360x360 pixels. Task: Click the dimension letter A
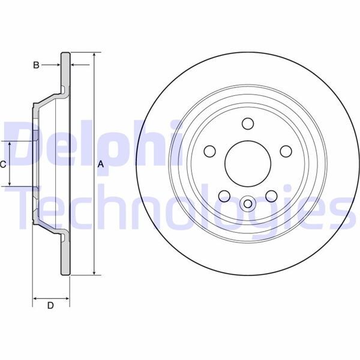pyautogui.click(x=101, y=164)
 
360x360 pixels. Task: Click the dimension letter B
pyautogui.click(x=36, y=65)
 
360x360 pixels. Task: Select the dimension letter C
pyautogui.click(x=4, y=164)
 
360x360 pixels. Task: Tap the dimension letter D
pyautogui.click(x=51, y=306)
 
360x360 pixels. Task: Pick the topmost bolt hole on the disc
pyautogui.click(x=246, y=124)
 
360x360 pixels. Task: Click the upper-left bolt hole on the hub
pyautogui.click(x=209, y=151)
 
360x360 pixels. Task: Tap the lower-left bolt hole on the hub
pyautogui.click(x=223, y=194)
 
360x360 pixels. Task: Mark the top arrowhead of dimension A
pyautogui.click(x=94, y=55)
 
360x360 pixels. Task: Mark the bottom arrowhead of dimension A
pyautogui.click(x=94, y=273)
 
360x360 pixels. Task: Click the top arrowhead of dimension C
pyautogui.click(x=10, y=144)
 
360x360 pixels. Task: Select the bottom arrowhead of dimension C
pyautogui.click(x=10, y=183)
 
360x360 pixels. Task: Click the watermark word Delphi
pyautogui.click(x=90, y=144)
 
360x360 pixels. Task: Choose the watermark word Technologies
pyautogui.click(x=180, y=207)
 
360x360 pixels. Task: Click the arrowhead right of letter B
pyautogui.click(x=73, y=65)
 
